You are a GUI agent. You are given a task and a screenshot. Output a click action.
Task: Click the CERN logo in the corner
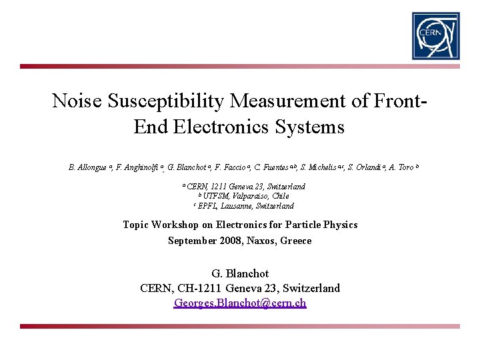pyautogui.click(x=435, y=35)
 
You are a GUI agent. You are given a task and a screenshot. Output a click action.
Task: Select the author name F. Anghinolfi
pyautogui.click(x=139, y=167)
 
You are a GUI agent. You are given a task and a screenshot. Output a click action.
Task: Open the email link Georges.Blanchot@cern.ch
pyautogui.click(x=240, y=303)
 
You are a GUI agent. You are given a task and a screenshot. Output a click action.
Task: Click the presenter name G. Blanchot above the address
pyautogui.click(x=240, y=274)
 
